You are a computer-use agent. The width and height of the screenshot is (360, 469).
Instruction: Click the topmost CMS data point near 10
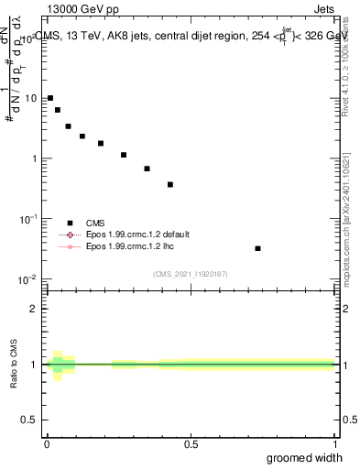tap(50, 98)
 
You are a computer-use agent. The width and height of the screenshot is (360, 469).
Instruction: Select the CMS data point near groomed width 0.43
tap(170, 184)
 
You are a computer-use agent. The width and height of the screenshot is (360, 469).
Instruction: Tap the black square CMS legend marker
tap(69, 223)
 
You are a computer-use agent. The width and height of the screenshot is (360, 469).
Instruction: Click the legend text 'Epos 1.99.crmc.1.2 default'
tap(136, 234)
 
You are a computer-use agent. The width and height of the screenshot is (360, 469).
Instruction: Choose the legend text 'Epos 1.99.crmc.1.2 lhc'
tap(128, 246)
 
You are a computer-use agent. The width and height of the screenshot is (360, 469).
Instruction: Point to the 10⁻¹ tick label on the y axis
tap(29, 219)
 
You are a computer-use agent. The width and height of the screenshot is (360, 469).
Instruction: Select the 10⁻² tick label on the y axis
tap(29, 279)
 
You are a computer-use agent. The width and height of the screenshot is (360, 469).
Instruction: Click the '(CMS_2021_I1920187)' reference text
tap(191, 273)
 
